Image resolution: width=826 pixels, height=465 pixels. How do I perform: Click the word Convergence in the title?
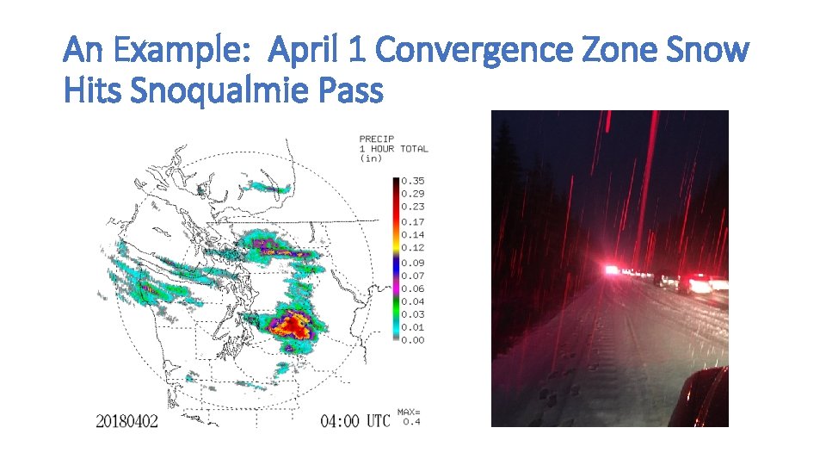pyautogui.click(x=474, y=51)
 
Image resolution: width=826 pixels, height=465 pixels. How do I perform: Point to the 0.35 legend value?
pyautogui.click(x=414, y=181)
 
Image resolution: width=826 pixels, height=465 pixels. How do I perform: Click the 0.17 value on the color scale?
pyautogui.click(x=414, y=222)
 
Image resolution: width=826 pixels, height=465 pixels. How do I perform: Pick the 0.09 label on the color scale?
pyautogui.click(x=414, y=263)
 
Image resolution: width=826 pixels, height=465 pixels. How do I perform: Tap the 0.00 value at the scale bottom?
pyautogui.click(x=414, y=340)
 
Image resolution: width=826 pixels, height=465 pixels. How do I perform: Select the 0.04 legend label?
pyautogui.click(x=414, y=301)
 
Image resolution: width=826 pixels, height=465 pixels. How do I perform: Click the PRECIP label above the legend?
pyautogui.click(x=376, y=139)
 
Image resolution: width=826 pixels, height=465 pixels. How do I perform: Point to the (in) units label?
pyautogui.click(x=371, y=158)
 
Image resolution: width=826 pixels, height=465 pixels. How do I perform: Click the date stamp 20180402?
pyautogui.click(x=126, y=421)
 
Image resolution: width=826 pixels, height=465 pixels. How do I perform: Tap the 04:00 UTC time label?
pyautogui.click(x=354, y=421)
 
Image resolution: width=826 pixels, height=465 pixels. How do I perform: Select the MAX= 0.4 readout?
pyautogui.click(x=409, y=416)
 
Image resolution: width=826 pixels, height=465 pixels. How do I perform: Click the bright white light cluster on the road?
pyautogui.click(x=613, y=270)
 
